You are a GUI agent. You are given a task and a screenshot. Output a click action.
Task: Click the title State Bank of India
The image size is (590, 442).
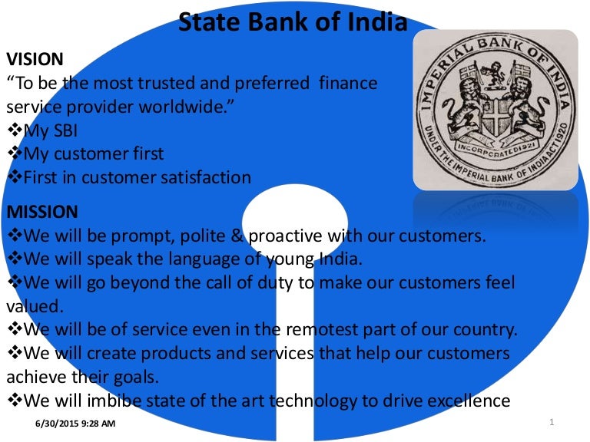point(293,21)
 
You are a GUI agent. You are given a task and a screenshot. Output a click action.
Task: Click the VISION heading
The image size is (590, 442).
point(35,59)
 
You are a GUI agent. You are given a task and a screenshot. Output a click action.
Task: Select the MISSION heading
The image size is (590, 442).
point(41,211)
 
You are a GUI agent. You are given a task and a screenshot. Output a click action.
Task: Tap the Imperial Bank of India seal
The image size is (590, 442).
point(496,110)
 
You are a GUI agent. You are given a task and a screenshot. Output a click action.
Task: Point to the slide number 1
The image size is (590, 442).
point(552,423)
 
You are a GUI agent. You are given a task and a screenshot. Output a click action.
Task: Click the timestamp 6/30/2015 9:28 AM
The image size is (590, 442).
point(76,424)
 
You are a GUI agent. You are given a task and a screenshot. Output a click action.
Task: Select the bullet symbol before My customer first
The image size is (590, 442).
point(15,153)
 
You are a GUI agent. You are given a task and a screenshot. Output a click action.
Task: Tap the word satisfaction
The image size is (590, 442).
point(201,177)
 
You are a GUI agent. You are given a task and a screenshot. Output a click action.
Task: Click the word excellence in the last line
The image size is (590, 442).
point(466,400)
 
